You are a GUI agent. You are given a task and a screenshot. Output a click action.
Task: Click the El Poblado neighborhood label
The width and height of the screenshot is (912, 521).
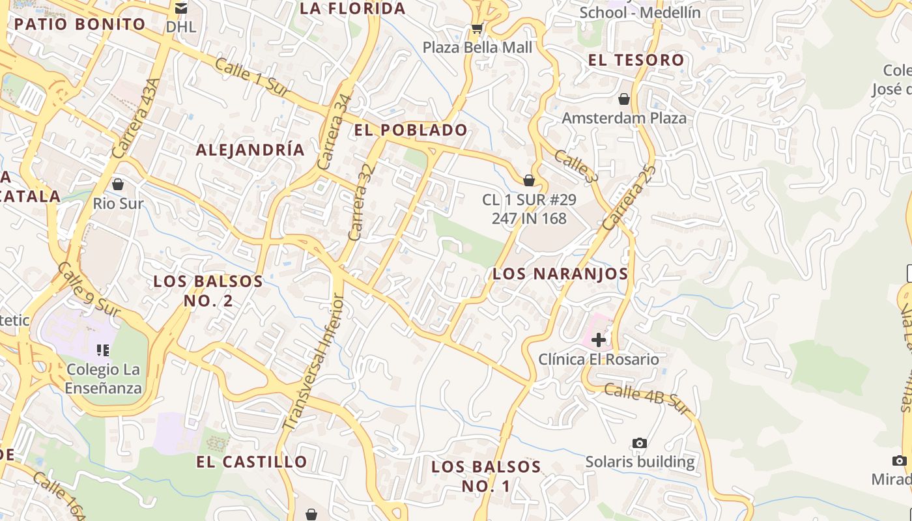click(410, 130)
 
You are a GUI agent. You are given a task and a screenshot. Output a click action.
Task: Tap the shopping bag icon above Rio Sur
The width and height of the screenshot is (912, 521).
click(118, 184)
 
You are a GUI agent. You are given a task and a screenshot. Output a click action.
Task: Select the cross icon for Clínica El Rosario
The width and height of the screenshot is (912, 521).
click(598, 339)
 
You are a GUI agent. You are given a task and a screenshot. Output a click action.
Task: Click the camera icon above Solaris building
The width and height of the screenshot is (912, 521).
click(640, 443)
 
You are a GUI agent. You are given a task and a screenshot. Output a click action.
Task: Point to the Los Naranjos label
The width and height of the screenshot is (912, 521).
click(560, 274)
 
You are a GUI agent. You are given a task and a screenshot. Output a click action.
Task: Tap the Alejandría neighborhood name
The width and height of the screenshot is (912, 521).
click(250, 150)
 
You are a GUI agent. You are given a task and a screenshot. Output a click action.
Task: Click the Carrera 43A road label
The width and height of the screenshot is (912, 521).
click(135, 119)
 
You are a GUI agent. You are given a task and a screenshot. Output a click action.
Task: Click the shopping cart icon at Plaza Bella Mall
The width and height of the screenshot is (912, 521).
click(477, 29)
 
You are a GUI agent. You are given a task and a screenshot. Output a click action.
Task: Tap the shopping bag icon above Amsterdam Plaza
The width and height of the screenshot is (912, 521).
click(624, 99)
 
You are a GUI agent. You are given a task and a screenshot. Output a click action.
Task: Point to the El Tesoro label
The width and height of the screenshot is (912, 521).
click(636, 61)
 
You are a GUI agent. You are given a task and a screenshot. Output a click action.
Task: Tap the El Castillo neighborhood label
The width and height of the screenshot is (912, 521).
click(251, 462)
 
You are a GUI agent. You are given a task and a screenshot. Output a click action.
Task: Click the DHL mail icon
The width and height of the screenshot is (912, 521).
click(181, 8)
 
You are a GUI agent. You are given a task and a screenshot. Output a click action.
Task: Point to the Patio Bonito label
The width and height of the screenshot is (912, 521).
click(79, 25)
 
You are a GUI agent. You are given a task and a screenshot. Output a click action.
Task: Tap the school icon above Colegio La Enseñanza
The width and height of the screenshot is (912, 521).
click(102, 350)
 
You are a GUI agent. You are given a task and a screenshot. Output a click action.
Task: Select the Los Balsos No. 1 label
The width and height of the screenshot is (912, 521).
click(486, 476)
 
